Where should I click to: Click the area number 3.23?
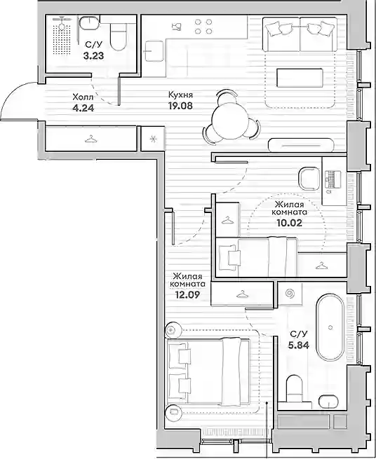[93, 55]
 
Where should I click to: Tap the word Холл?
[83, 97]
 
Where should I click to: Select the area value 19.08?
[180, 105]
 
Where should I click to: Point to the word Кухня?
[180, 95]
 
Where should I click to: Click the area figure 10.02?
[289, 223]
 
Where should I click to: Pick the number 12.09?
[187, 295]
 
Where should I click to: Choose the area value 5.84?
[299, 345]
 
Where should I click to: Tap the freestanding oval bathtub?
[330, 328]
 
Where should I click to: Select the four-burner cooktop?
[203, 27]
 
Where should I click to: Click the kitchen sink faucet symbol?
[177, 27]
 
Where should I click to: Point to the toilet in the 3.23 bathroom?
[119, 36]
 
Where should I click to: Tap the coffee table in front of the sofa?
[300, 78]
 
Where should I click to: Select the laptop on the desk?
[333, 179]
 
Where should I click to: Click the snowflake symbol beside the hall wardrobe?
[153, 139]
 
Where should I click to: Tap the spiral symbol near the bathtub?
[290, 294]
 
